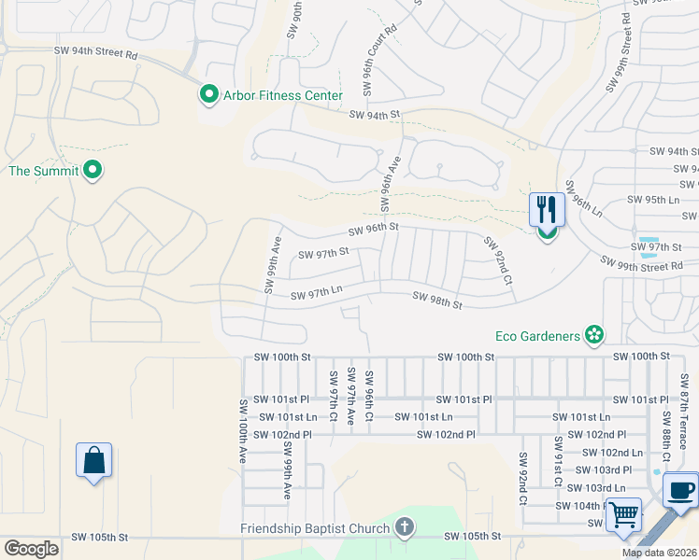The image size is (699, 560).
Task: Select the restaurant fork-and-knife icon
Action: pyautogui.click(x=546, y=210)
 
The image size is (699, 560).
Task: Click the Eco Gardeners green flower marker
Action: pyautogui.click(x=592, y=334)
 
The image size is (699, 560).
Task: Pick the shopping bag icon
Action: pyautogui.click(x=93, y=460)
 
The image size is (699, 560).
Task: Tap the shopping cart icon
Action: pyautogui.click(x=623, y=513)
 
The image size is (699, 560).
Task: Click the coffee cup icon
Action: pyautogui.click(x=680, y=489)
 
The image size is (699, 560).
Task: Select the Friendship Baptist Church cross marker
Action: pyautogui.click(x=404, y=528)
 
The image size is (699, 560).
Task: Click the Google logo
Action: pyautogui.click(x=31, y=548)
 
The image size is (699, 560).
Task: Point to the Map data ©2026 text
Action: pyautogui.click(x=658, y=553)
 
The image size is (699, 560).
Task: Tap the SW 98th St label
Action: pyautogui.click(x=438, y=302)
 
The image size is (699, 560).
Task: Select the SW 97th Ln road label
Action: pyautogui.click(x=317, y=293)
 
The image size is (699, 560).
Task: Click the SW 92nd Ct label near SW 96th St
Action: pyautogui.click(x=498, y=260)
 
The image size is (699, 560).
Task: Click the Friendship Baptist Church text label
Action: pyautogui.click(x=314, y=529)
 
